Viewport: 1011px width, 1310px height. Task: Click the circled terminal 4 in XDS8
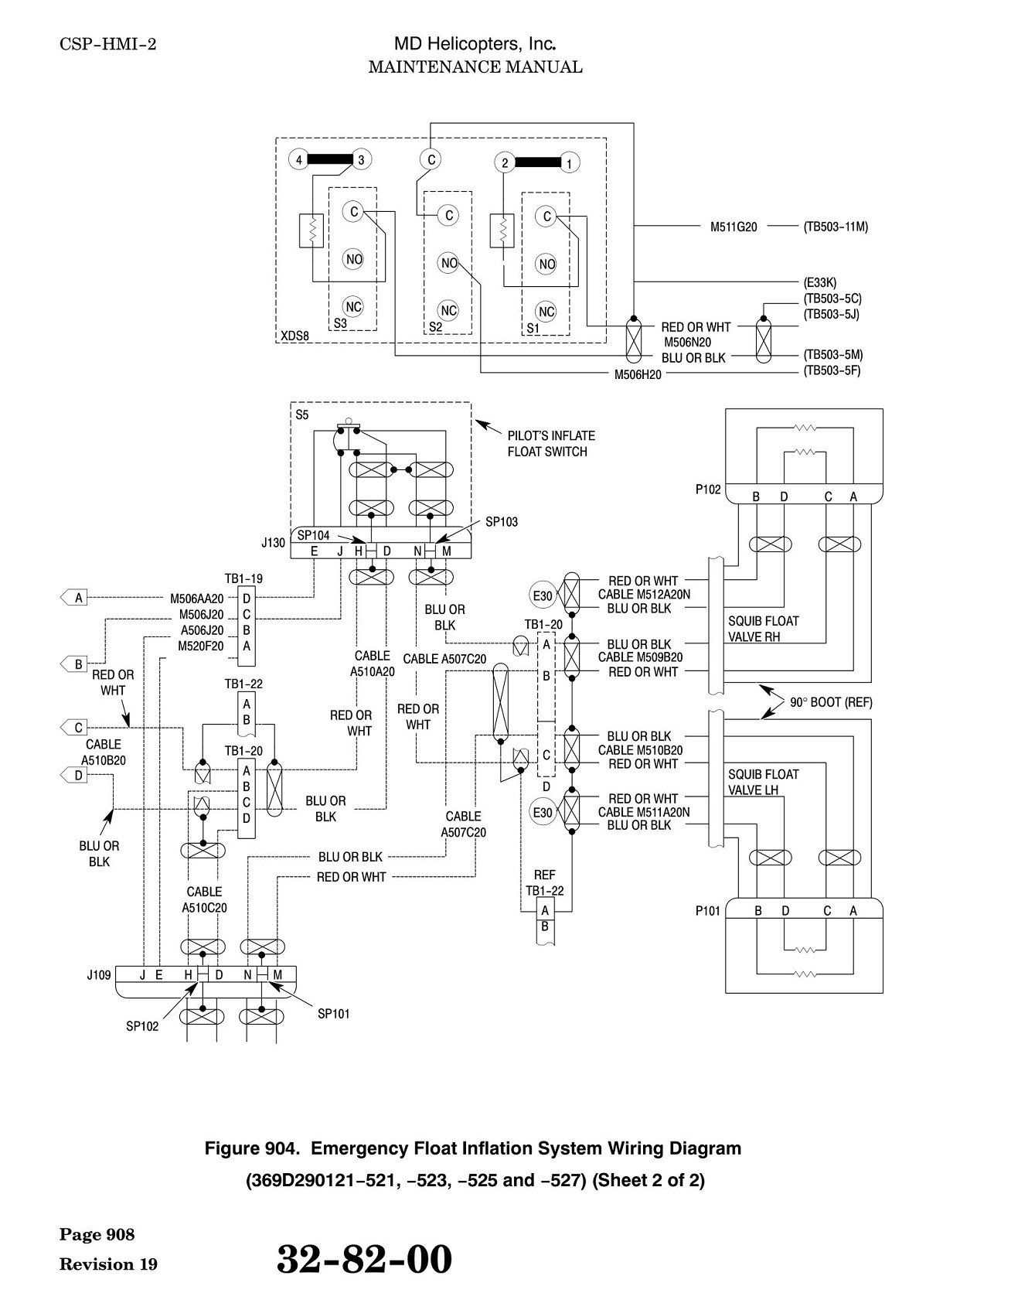coord(298,160)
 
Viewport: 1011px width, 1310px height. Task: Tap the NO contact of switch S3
coord(354,259)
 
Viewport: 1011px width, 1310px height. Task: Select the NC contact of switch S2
coord(449,310)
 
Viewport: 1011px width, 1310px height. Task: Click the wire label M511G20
coord(734,227)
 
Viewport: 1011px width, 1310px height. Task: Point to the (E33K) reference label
coord(820,283)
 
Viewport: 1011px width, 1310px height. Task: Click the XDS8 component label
coord(294,336)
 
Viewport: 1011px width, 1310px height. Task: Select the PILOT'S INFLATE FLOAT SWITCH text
coord(551,444)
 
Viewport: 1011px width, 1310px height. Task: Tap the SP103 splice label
coord(502,522)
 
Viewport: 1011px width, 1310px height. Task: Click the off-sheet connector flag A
coord(74,597)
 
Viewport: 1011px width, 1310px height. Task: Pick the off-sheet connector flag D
coord(74,774)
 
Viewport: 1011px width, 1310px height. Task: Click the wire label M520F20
coord(201,646)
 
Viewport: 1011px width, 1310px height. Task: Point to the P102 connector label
coord(708,490)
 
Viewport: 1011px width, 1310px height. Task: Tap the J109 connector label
coord(99,975)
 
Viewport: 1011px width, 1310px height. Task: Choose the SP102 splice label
coord(142,1026)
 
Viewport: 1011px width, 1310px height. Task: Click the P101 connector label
coord(708,911)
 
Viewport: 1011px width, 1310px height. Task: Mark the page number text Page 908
coord(97,1234)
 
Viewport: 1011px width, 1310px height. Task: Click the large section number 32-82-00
coord(364,1259)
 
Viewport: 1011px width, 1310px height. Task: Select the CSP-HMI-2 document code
coord(107,44)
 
